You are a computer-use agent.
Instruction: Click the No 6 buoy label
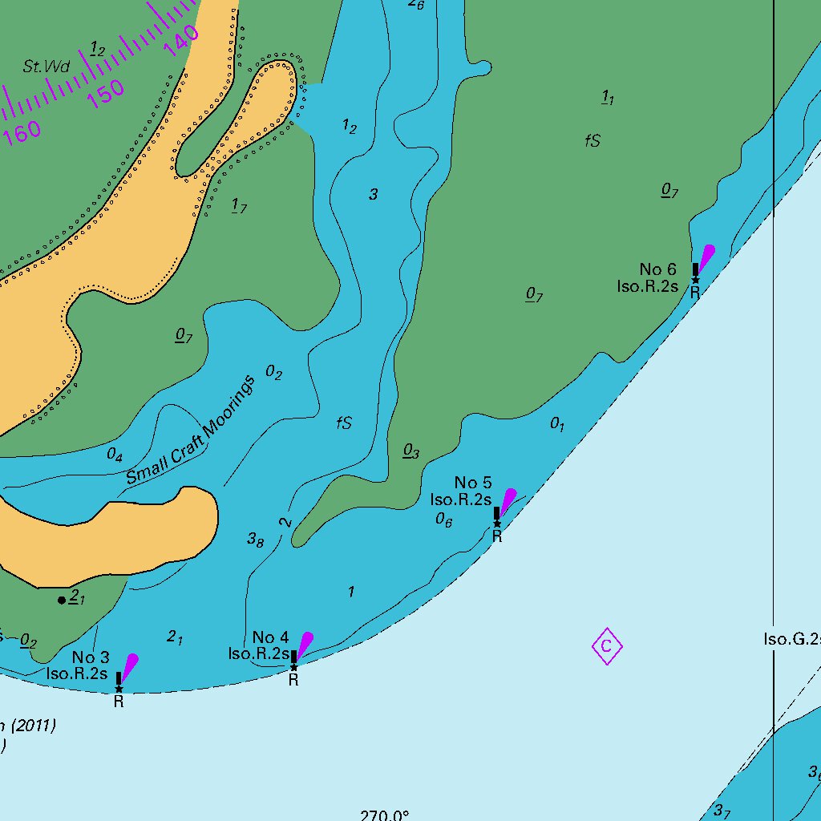[657, 269]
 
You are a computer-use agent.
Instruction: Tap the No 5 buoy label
[473, 482]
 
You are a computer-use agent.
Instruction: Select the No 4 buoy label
[270, 638]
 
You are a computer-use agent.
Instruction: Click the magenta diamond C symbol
[607, 646]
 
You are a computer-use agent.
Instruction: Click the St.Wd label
[46, 67]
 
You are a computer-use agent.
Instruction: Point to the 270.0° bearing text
[385, 815]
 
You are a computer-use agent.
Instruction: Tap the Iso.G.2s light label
[791, 639]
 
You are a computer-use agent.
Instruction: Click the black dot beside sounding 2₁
[62, 600]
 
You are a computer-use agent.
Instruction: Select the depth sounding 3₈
[255, 540]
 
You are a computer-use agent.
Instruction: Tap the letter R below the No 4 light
[293, 681]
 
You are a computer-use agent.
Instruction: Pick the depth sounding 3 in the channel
[373, 194]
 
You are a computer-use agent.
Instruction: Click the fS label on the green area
[592, 141]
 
